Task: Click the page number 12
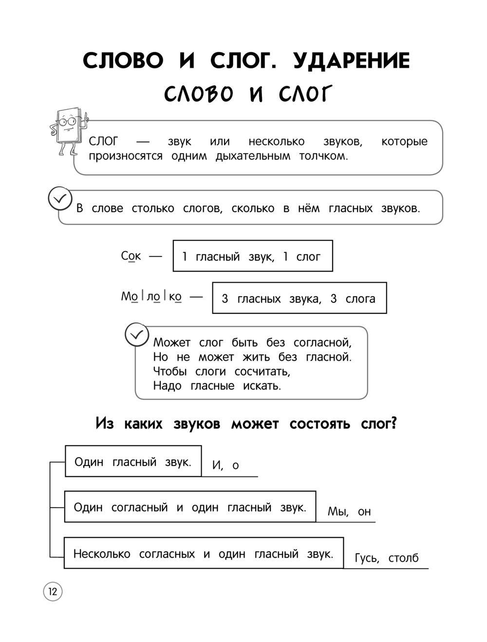[x=53, y=592]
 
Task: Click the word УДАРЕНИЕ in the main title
[x=351, y=61]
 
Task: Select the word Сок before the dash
[x=131, y=256]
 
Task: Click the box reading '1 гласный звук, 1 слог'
[x=252, y=256]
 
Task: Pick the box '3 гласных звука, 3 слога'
[x=299, y=298]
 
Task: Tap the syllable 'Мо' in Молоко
[x=129, y=296]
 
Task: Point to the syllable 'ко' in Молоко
[x=175, y=296]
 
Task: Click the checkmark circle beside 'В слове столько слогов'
[x=60, y=199]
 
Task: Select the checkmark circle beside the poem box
[x=137, y=335]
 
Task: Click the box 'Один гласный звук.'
[x=133, y=461]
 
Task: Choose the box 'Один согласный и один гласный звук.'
[x=190, y=507]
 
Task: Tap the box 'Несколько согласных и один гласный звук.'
[x=203, y=553]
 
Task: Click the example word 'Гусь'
[x=367, y=558]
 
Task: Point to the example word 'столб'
[x=403, y=558]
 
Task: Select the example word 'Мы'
[x=337, y=511]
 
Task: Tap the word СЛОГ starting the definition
[x=103, y=141]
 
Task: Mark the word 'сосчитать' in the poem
[x=262, y=371]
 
